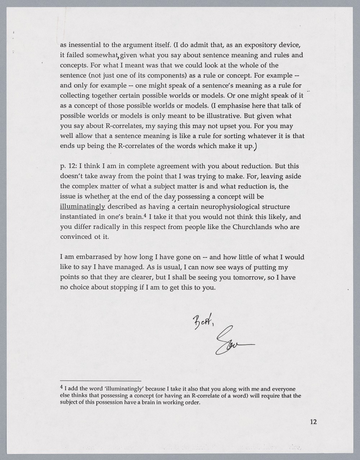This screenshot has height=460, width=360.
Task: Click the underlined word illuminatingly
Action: coord(82,207)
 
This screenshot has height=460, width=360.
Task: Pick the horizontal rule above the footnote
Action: coord(100,381)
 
